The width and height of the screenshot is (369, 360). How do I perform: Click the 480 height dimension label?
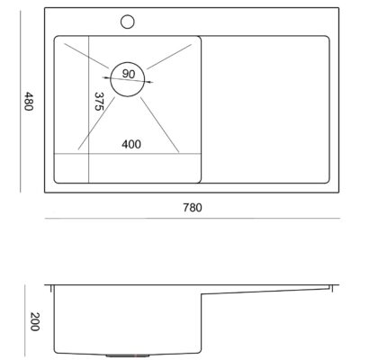pyautogui.click(x=28, y=102)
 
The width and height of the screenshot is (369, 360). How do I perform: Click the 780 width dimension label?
pyautogui.click(x=193, y=208)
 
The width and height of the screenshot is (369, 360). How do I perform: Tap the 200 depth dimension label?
pyautogui.click(x=35, y=321)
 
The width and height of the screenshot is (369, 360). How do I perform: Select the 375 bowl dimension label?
pyautogui.click(x=99, y=102)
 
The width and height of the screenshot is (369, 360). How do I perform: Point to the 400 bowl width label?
pyautogui.click(x=131, y=144)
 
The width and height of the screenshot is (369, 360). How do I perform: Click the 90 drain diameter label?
pyautogui.click(x=129, y=74)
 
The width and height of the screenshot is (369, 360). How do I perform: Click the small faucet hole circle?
pyautogui.click(x=128, y=22)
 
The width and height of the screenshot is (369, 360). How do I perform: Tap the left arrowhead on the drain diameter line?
pyautogui.click(x=105, y=77)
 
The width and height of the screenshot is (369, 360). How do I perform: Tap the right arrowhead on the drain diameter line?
pyautogui.click(x=149, y=82)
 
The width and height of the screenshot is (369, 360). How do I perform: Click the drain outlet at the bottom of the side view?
pyautogui.click(x=128, y=355)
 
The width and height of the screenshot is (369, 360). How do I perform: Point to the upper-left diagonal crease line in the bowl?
pyautogui.click(x=86, y=56)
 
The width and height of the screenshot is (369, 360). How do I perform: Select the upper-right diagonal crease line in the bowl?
pyautogui.click(x=169, y=57)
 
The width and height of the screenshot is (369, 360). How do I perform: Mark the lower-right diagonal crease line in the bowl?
pyautogui.click(x=159, y=125)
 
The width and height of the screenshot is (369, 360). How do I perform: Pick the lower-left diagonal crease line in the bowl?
pyautogui.click(x=96, y=123)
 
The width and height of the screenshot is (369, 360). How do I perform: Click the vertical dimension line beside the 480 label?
pyautogui.click(x=21, y=102)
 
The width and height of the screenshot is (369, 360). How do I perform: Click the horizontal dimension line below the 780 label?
pyautogui.click(x=193, y=219)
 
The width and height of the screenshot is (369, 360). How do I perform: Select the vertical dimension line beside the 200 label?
pyautogui.click(x=25, y=320)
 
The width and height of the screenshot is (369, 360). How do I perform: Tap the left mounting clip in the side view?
pyautogui.click(x=51, y=288)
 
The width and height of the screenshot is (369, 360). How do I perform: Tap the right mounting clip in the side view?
pyautogui.click(x=331, y=288)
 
